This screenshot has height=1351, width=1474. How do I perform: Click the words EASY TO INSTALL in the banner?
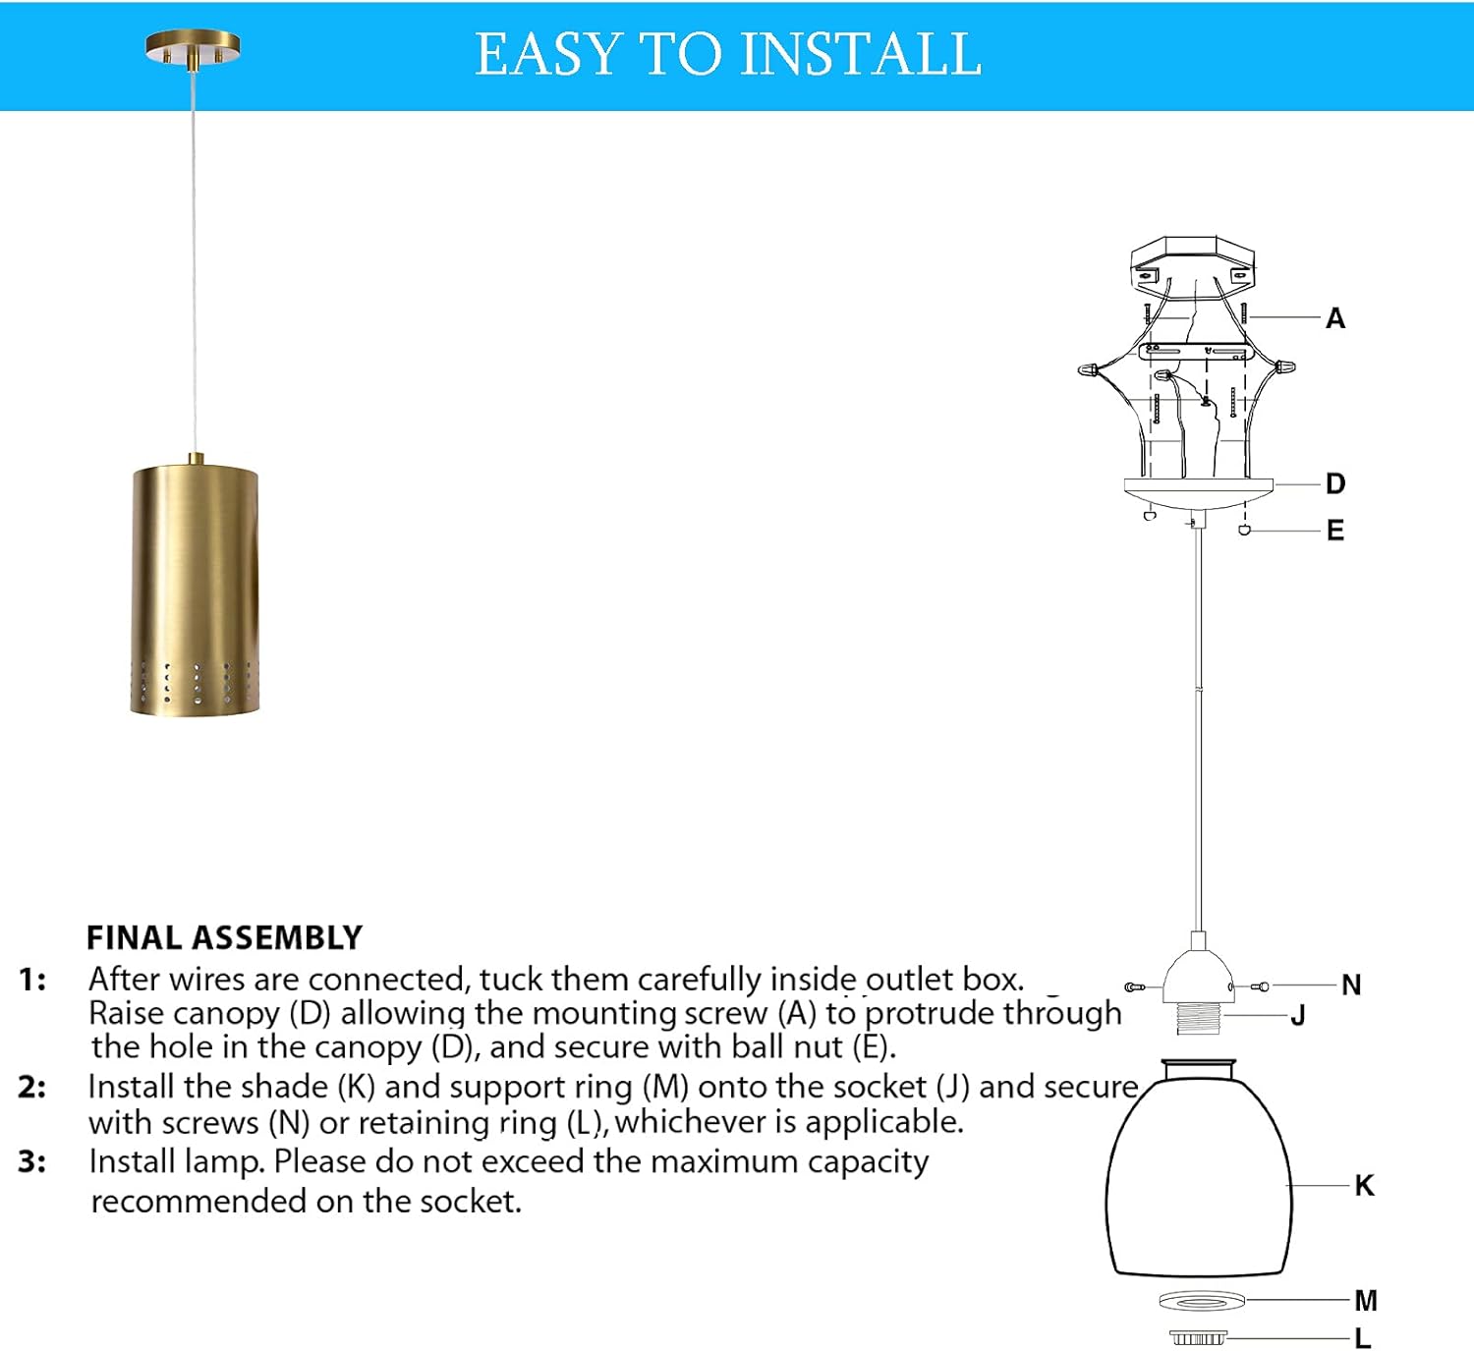point(728,54)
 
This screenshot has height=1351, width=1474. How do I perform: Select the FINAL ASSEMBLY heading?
point(224,937)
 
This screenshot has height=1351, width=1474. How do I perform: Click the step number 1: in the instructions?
point(31,980)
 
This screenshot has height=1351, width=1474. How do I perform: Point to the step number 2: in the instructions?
point(31,1087)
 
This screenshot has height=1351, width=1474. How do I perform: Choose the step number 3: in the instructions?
point(31,1161)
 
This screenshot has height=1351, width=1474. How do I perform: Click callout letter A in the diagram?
point(1334,318)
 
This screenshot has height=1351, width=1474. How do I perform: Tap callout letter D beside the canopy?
point(1334,483)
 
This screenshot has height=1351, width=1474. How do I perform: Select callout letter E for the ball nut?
point(1334,531)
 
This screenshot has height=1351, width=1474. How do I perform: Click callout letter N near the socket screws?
point(1351,985)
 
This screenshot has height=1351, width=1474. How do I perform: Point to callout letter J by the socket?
point(1298,1015)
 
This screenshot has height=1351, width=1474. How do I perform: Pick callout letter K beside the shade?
point(1364,1185)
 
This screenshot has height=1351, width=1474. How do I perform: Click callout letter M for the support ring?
point(1365,1300)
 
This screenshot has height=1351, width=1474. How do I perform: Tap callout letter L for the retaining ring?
point(1362,1337)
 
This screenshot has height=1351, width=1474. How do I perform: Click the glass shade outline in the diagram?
point(1197,1179)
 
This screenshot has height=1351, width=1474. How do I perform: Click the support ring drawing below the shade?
point(1201,1301)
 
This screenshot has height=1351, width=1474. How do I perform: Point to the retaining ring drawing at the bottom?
point(1198,1337)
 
